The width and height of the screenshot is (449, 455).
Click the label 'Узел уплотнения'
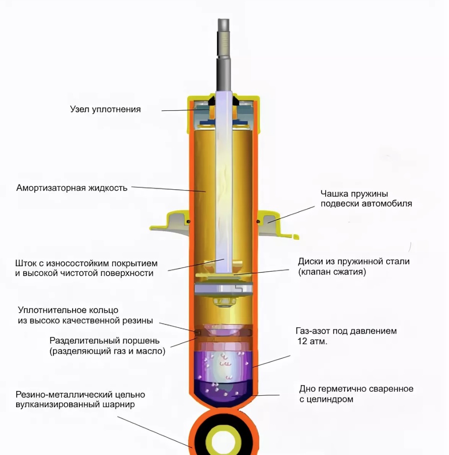(x=105, y=109)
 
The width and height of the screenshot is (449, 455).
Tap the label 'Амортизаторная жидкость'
(x=72, y=188)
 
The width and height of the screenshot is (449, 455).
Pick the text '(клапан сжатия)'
(x=332, y=272)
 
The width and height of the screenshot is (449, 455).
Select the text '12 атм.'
(x=312, y=341)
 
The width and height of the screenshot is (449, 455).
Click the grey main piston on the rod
(x=224, y=289)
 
